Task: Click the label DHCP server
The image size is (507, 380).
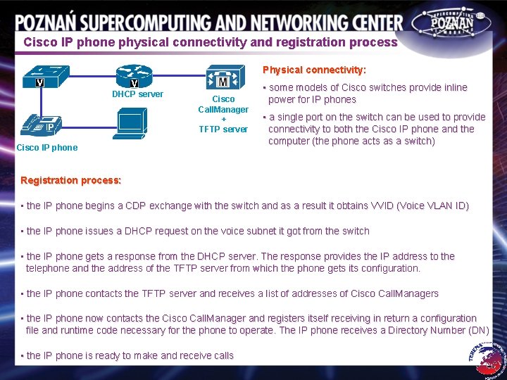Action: pyautogui.click(x=137, y=94)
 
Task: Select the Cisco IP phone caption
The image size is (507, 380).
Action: pyautogui.click(x=47, y=147)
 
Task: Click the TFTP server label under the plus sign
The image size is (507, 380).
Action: pyautogui.click(x=223, y=129)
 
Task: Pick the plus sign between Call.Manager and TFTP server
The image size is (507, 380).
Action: pyautogui.click(x=223, y=119)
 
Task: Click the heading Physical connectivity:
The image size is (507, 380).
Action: pyautogui.click(x=314, y=70)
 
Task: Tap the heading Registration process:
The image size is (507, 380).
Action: pyautogui.click(x=70, y=180)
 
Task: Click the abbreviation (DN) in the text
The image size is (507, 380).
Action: pyautogui.click(x=479, y=330)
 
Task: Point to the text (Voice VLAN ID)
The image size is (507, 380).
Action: pyautogui.click(x=430, y=205)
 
